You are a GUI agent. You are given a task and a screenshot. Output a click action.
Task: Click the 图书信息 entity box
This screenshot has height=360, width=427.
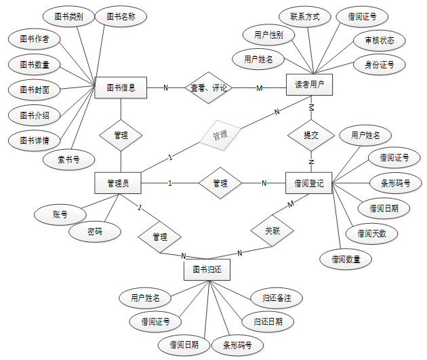121,87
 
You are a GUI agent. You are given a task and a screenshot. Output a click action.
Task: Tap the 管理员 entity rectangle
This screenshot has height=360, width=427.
119,182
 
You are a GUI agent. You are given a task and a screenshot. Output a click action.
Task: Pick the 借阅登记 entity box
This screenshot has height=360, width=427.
309,182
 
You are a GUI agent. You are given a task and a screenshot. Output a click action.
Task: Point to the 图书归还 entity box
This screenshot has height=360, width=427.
207,269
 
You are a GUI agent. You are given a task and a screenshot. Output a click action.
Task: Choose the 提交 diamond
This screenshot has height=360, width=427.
310,135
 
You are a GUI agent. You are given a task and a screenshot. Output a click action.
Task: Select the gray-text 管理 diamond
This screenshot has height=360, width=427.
220,136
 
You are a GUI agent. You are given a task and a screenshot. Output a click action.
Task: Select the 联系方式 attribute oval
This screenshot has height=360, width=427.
304,16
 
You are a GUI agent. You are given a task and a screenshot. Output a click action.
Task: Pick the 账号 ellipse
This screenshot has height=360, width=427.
60,214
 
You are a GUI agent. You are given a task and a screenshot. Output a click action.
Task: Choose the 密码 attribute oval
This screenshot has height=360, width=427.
95,231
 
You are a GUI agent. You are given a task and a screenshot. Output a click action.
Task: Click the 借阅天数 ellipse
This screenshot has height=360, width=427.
371,233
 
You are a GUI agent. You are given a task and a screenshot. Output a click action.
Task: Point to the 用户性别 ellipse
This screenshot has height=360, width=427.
268,35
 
